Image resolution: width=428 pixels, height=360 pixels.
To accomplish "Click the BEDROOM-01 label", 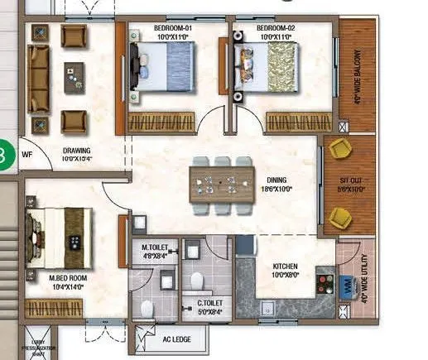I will [x=172, y=28].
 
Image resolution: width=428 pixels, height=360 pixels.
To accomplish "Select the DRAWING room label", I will [x=76, y=151].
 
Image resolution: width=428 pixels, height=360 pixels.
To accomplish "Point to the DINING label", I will [x=277, y=180].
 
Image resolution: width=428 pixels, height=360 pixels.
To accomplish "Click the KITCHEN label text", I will [x=286, y=266].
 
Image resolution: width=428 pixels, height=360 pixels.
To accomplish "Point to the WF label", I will [x=26, y=154].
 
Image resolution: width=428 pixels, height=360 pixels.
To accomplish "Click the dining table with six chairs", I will [x=221, y=180].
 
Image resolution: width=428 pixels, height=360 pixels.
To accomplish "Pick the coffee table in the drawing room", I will [x=75, y=77].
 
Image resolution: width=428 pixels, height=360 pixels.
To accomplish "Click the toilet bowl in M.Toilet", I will [x=147, y=308].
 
